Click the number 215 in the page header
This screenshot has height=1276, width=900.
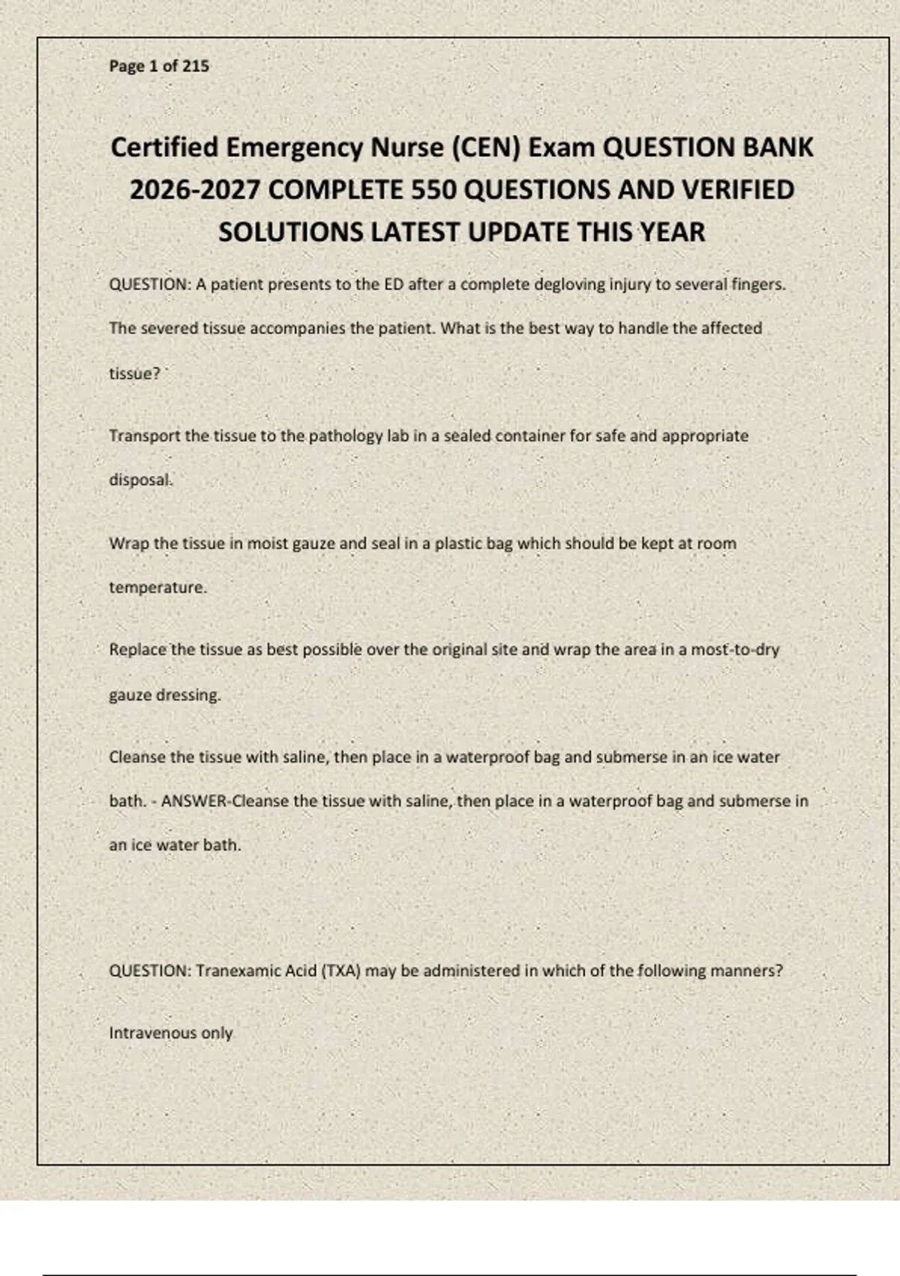point(196,66)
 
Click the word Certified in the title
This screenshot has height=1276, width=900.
point(164,147)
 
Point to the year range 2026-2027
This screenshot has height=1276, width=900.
point(195,190)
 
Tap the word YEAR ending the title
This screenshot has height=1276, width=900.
point(673,233)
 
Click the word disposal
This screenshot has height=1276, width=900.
point(141,480)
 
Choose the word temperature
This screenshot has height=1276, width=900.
point(157,588)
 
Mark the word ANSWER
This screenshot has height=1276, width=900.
point(193,801)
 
